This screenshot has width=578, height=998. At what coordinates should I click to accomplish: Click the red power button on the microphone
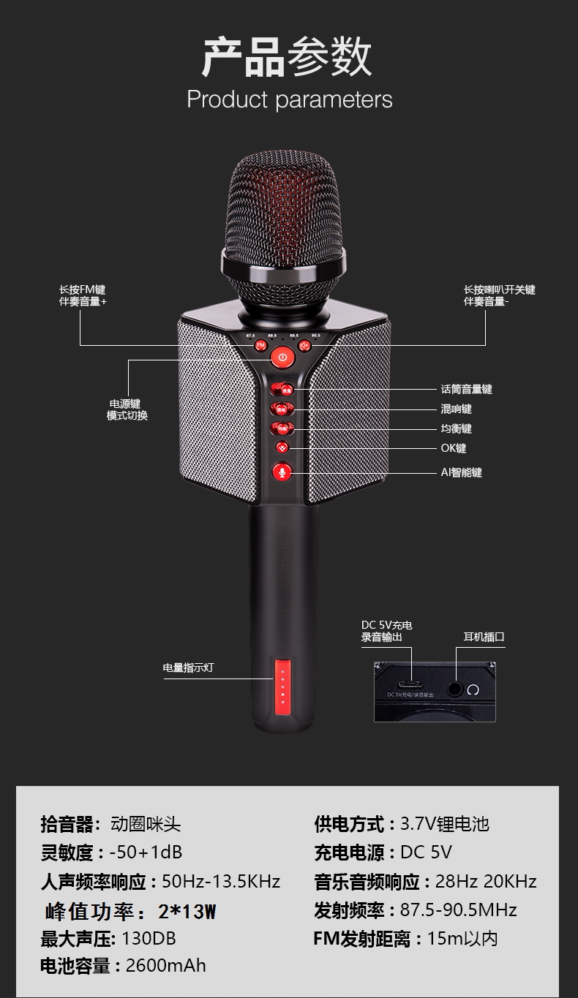coord(283,358)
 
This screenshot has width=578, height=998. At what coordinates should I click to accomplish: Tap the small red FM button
coord(260,345)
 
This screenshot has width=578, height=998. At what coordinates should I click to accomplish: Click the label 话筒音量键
coord(466,389)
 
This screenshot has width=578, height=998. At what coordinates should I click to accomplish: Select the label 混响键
coord(456,409)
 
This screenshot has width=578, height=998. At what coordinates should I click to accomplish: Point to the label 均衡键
coord(456,428)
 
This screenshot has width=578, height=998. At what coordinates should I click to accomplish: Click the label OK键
coord(453,448)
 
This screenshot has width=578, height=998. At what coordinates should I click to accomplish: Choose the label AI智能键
coord(461,472)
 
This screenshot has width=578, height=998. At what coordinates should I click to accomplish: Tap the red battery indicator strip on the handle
coord(282,688)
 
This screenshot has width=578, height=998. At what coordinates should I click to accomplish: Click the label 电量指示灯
coord(188,668)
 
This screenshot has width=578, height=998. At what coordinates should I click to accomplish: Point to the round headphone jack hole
coord(457,688)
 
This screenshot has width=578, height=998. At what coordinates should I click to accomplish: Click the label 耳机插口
coord(484,637)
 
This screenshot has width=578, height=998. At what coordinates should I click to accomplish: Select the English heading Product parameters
coord(290,99)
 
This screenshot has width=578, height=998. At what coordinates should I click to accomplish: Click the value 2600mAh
coord(166,965)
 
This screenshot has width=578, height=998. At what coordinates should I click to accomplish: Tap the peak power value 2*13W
coord(187,911)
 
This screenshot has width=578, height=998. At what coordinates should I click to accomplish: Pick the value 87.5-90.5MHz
coord(459,910)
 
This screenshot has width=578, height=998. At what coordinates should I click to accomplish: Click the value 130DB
coord(149,938)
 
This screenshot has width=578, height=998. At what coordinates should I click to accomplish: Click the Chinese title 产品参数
coord(288,57)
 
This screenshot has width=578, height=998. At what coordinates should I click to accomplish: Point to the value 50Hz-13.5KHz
coord(221,881)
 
